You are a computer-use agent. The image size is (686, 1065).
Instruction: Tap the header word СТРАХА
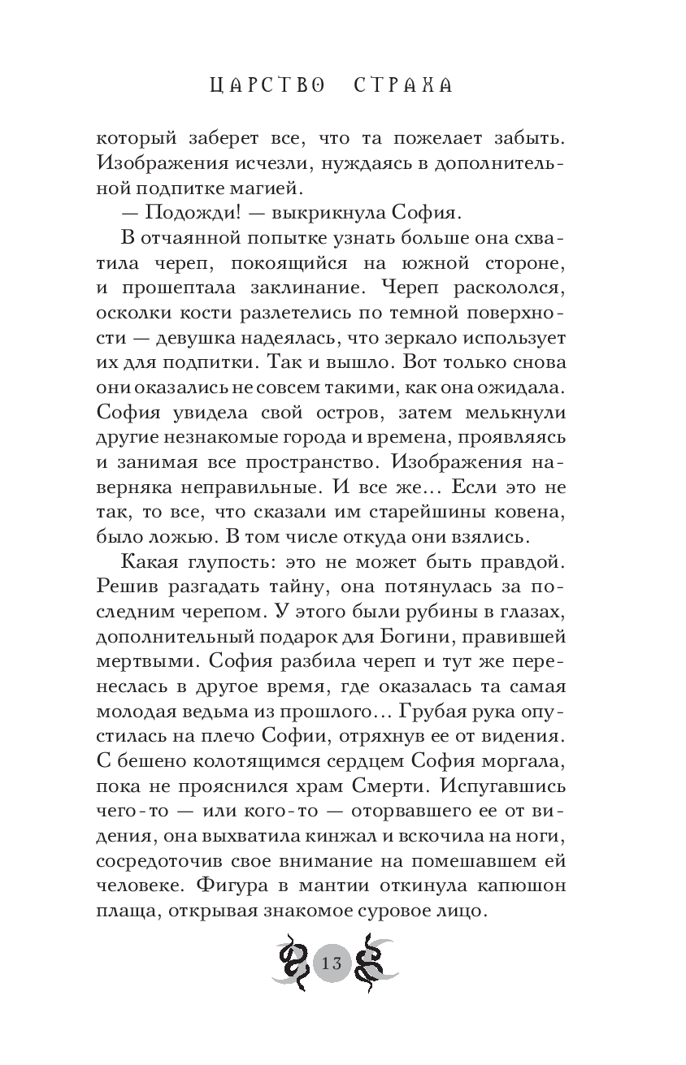[403, 85]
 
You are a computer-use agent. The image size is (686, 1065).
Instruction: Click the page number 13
[332, 964]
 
